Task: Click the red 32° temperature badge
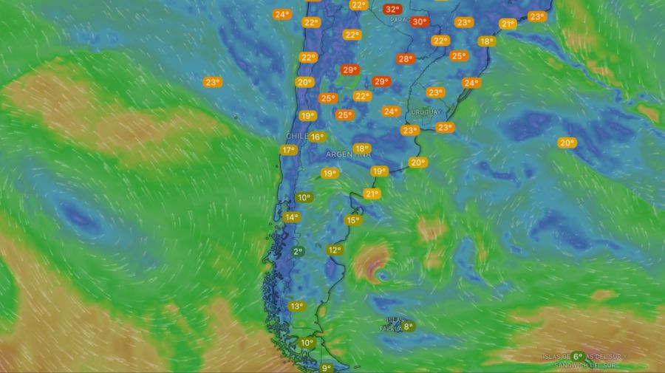tap(392, 10)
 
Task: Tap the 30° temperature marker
tap(420, 22)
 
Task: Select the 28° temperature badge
tap(405, 59)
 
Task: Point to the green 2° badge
tap(298, 252)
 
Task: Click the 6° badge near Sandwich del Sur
tap(578, 356)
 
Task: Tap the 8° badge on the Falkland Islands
tap(408, 326)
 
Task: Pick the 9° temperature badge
tap(326, 368)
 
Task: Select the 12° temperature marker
tap(335, 250)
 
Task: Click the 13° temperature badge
tap(296, 307)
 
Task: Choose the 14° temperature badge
tap(292, 217)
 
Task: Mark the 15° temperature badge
tap(353, 220)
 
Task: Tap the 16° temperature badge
tap(317, 137)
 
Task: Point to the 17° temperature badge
tap(288, 151)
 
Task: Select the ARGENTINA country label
tap(348, 155)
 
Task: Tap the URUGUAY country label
tap(426, 112)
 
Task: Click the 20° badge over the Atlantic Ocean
tap(567, 143)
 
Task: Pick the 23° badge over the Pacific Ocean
tap(213, 83)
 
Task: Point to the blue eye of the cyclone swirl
tap(381, 276)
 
